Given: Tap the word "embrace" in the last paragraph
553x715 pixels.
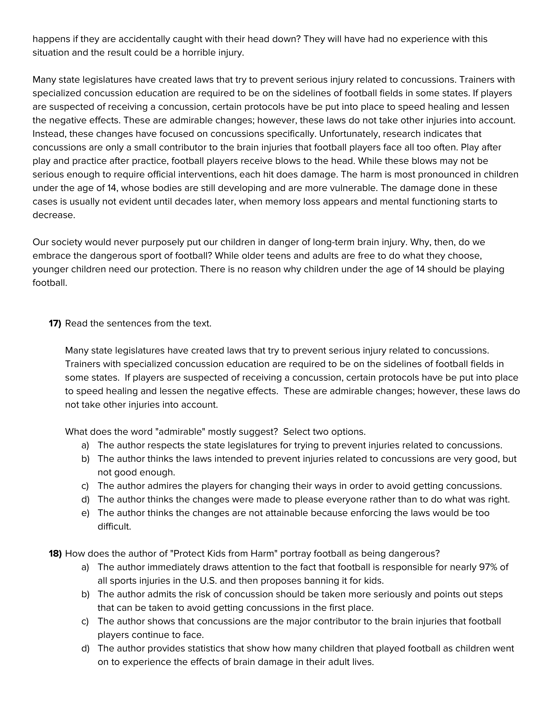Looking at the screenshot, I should (x=49, y=256).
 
